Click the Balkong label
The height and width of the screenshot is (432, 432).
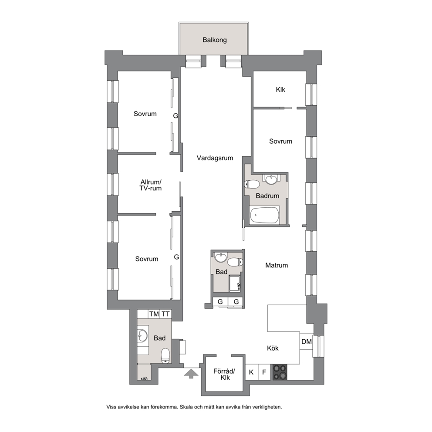pyautogui.click(x=215, y=40)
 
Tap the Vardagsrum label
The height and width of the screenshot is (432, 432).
pyautogui.click(x=215, y=158)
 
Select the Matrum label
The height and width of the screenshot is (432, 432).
pyautogui.click(x=277, y=265)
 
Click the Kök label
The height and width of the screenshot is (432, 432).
pyautogui.click(x=273, y=348)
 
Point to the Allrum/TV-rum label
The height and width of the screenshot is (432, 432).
pyautogui.click(x=150, y=185)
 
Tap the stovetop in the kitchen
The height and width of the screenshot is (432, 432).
pyautogui.click(x=280, y=372)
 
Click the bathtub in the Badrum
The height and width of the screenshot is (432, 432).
pyautogui.click(x=264, y=215)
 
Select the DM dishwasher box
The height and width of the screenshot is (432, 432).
pyautogui.click(x=307, y=341)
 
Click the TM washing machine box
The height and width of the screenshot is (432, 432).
pyautogui.click(x=154, y=314)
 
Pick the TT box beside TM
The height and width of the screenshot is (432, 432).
pyautogui.click(x=165, y=314)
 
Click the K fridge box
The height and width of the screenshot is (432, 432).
pyautogui.click(x=252, y=372)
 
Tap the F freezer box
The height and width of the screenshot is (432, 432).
pyautogui.click(x=264, y=372)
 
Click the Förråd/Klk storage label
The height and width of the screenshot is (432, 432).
pyautogui.click(x=224, y=375)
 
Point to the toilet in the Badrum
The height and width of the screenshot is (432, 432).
pyautogui.click(x=252, y=184)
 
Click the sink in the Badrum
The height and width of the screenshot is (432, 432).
pyautogui.click(x=272, y=179)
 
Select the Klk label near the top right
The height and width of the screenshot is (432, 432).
pyautogui.click(x=280, y=90)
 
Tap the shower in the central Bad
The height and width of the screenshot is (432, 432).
pyautogui.click(x=235, y=283)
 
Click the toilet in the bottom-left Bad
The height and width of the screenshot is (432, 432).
pyautogui.click(x=165, y=356)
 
